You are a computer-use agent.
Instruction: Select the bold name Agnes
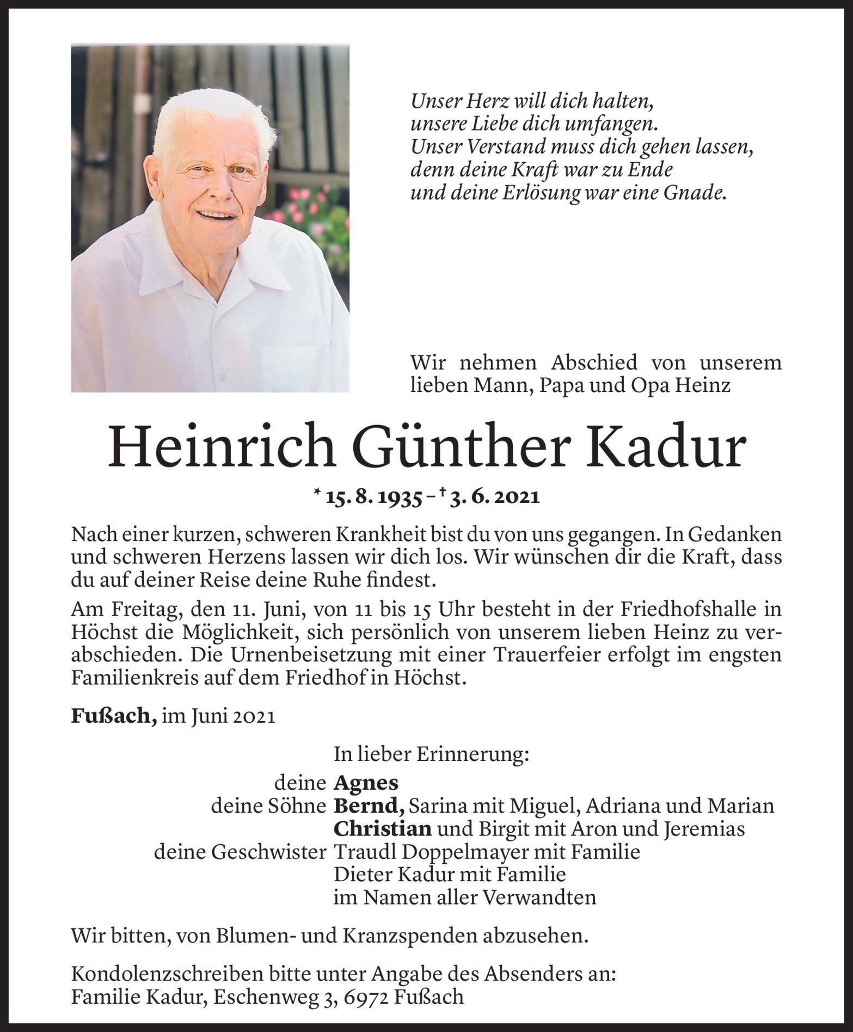366,783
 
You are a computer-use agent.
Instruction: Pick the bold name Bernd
369,806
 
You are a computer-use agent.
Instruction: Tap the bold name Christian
383,829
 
